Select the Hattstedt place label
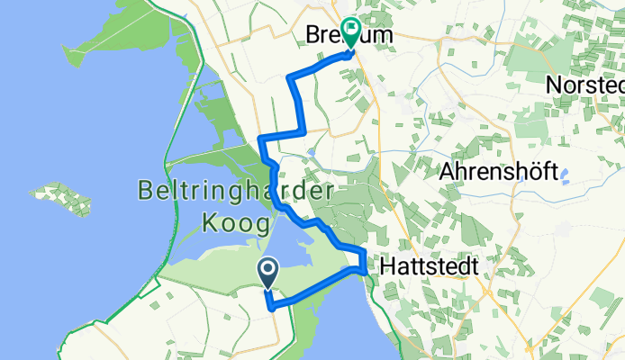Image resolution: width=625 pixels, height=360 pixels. pyautogui.click(x=428, y=266)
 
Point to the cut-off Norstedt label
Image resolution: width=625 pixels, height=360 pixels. pyautogui.click(x=585, y=85)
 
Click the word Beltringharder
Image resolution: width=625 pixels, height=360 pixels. pyautogui.click(x=236, y=191)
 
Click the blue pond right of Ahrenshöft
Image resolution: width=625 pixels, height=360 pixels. pyautogui.click(x=566, y=175)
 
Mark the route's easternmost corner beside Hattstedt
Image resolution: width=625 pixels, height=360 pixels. pyautogui.click(x=363, y=268)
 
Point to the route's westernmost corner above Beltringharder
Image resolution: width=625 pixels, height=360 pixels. pyautogui.click(x=261, y=139)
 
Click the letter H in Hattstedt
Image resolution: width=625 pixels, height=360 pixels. pyautogui.click(x=388, y=266)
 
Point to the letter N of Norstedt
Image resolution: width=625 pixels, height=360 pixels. pyautogui.click(x=556, y=85)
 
